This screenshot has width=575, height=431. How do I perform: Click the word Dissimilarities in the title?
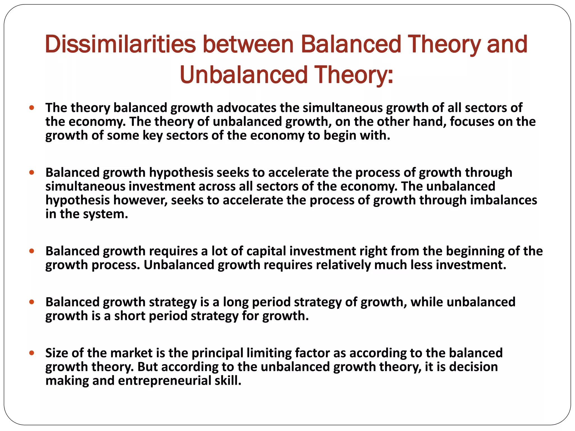[120, 44]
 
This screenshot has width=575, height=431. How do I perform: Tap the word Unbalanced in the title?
[244, 75]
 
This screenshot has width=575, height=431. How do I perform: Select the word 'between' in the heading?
[248, 44]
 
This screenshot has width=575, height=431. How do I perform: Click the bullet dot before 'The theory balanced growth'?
[32, 107]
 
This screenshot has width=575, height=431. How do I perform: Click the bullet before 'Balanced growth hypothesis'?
[32, 172]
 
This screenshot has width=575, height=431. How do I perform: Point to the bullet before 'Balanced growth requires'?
[32, 251]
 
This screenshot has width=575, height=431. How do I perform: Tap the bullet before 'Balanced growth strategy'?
[32, 302]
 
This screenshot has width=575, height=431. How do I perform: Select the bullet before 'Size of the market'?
[32, 353]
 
